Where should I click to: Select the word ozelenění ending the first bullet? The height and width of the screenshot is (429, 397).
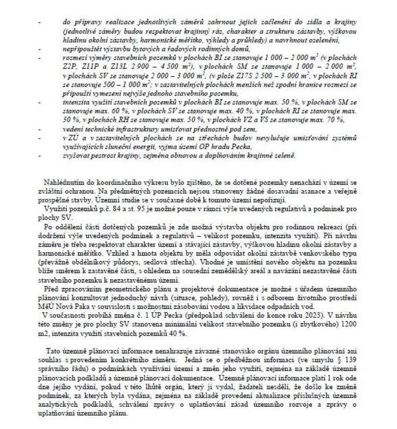(333, 41)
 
